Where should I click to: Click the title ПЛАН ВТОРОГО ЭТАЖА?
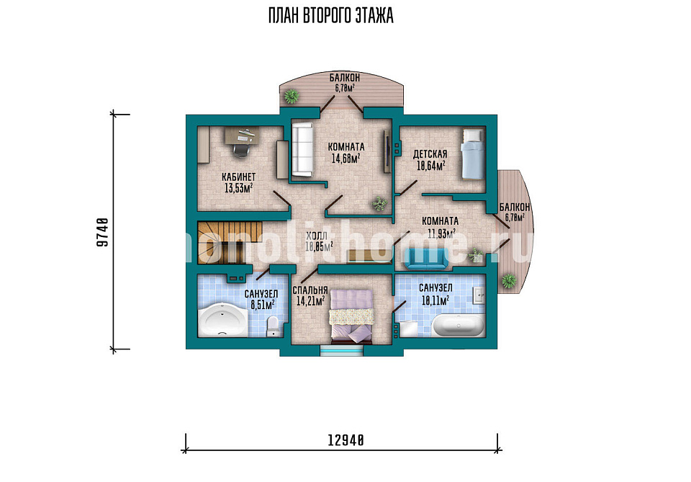tap(331, 16)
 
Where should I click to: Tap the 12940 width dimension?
tap(346, 439)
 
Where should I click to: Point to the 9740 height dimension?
tap(102, 231)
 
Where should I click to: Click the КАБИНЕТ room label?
tap(238, 177)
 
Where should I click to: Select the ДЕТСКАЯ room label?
tap(430, 154)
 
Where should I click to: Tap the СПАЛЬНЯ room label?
tap(310, 290)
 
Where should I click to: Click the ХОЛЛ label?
tap(317, 236)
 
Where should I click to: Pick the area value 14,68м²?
tap(346, 159)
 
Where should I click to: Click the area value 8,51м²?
tap(263, 304)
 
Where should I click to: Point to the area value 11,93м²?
tap(441, 233)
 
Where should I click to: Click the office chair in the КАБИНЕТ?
tap(240, 148)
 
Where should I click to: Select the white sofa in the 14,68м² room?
tap(302, 150)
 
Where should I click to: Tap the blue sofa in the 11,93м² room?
tap(427, 259)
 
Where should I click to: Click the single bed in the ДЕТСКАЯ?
tap(472, 154)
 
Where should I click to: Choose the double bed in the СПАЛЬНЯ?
tap(352, 316)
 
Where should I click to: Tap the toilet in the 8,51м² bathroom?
tap(274, 326)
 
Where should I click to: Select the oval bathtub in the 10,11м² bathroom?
tap(459, 326)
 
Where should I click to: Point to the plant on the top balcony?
tap(292, 96)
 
